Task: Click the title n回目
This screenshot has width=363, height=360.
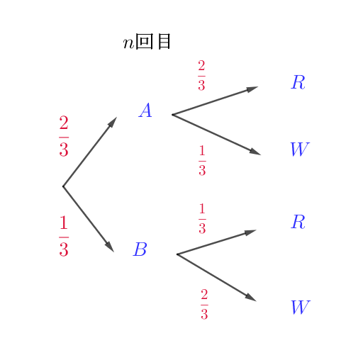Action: click(147, 42)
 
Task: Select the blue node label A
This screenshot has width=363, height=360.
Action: click(145, 110)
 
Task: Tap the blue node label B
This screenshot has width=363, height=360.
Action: click(140, 249)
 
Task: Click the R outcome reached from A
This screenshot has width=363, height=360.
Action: click(298, 82)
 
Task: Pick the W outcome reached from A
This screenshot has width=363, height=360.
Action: click(300, 149)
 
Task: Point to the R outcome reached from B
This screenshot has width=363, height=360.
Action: click(298, 222)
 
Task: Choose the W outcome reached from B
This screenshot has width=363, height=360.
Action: click(301, 307)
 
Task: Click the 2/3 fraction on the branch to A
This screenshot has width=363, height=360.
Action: click(64, 136)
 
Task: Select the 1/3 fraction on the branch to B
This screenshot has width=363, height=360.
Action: click(64, 236)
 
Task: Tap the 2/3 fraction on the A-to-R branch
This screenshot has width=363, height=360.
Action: click(201, 75)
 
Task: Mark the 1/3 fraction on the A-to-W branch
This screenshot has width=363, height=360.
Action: click(202, 161)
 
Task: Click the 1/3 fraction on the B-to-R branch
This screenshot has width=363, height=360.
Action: click(202, 218)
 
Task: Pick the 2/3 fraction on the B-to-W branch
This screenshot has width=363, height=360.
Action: click(204, 304)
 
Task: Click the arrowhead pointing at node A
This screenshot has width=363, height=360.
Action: click(112, 123)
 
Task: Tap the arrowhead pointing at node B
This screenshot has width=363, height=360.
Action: click(110, 247)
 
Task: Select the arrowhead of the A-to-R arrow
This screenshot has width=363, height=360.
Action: click(252, 89)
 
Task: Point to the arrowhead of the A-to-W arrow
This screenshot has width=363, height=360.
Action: click(255, 152)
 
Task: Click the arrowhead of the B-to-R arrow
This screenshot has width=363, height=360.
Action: click(250, 232)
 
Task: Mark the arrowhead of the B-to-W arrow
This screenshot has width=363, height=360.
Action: click(251, 298)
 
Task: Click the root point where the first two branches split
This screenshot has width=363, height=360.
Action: click(63, 186)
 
